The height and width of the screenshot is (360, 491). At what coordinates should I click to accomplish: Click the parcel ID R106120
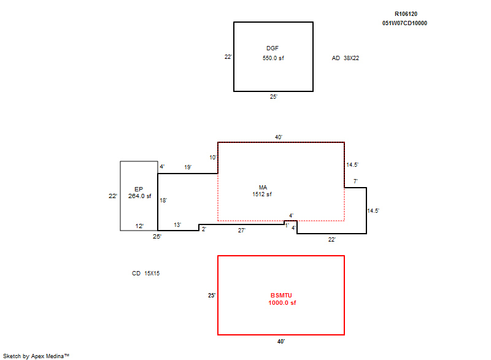pyautogui.click(x=406, y=13)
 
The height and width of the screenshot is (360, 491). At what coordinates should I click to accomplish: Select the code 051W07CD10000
pyautogui.click(x=404, y=23)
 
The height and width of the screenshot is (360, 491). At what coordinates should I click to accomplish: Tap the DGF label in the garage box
pyautogui.click(x=273, y=48)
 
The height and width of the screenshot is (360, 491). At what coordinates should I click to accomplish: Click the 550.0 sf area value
pyautogui.click(x=273, y=58)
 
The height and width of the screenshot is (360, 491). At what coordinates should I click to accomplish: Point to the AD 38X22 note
pyautogui.click(x=346, y=58)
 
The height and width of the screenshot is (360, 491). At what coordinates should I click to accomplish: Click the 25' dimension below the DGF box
pyautogui.click(x=274, y=97)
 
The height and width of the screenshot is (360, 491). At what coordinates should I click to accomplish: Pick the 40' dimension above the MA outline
pyautogui.click(x=279, y=137)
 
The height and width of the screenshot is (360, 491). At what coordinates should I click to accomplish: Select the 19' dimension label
pyautogui.click(x=188, y=167)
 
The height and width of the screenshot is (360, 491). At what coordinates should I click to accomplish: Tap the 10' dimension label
pyautogui.click(x=213, y=158)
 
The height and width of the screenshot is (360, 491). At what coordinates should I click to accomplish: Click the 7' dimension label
pyautogui.click(x=356, y=182)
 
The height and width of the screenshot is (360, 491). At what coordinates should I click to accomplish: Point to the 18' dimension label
pyautogui.click(x=163, y=200)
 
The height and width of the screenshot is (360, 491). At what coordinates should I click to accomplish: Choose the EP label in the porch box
pyautogui.click(x=139, y=190)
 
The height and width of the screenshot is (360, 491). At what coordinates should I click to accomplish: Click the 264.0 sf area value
pyautogui.click(x=140, y=196)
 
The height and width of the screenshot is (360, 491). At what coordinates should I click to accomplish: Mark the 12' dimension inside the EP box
pyautogui.click(x=140, y=226)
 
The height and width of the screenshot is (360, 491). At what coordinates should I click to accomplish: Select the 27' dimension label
pyautogui.click(x=242, y=231)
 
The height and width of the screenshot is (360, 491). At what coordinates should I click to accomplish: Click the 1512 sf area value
pyautogui.click(x=262, y=194)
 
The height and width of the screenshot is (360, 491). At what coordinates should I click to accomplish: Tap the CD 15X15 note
pyautogui.click(x=145, y=274)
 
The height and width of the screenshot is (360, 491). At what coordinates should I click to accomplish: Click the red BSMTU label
pyautogui.click(x=281, y=295)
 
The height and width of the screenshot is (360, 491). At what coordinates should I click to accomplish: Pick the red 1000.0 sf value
pyautogui.click(x=282, y=303)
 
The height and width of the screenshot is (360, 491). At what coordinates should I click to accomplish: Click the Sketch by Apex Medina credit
pyautogui.click(x=36, y=356)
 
